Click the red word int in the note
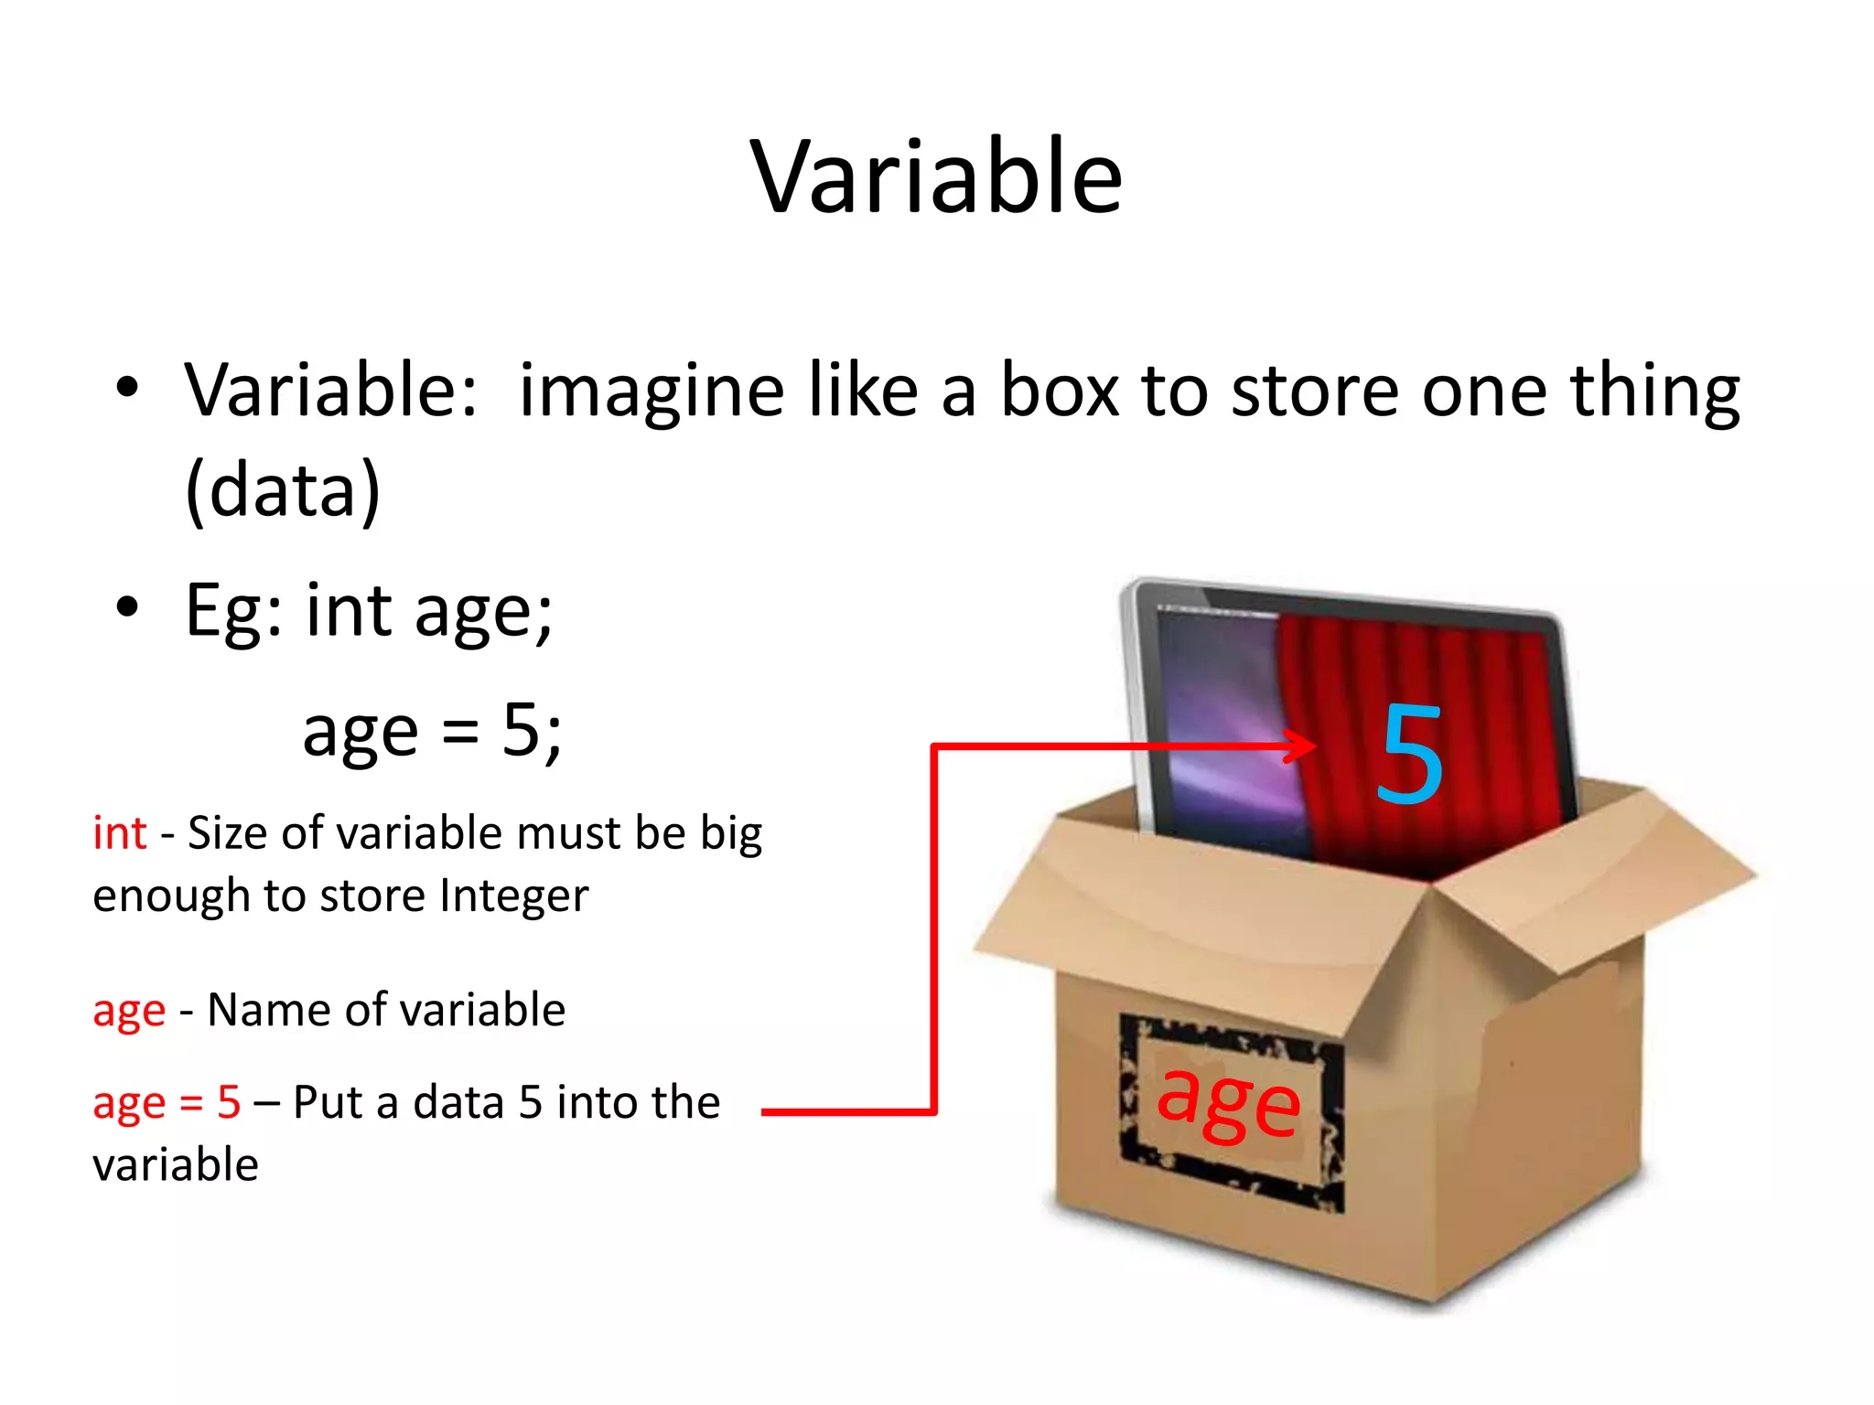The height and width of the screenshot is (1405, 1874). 120,833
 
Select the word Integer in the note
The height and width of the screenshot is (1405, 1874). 513,896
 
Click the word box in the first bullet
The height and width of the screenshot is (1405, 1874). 1060,391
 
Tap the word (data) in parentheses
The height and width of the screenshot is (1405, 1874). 283,490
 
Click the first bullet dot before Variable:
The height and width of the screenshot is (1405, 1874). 127,387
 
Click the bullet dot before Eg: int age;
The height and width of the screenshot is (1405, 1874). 127,606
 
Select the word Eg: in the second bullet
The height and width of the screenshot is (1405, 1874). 234,611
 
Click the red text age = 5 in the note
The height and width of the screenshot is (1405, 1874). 167,1102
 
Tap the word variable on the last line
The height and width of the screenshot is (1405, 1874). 176,1165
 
